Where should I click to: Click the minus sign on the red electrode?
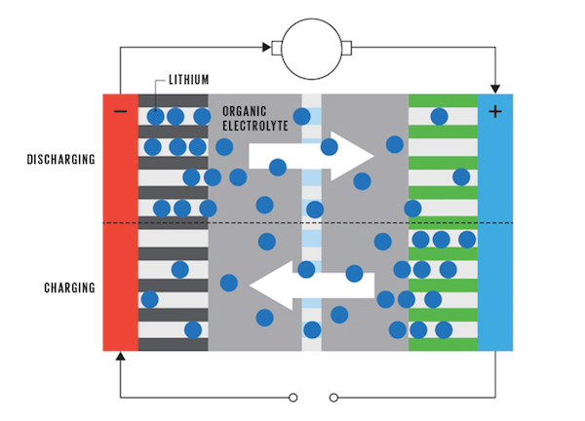(120, 111)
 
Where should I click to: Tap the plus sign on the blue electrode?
(494, 111)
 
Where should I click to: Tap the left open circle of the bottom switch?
(293, 398)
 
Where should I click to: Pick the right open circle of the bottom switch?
(333, 398)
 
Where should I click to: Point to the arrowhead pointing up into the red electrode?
(120, 357)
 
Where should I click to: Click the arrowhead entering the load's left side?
(265, 46)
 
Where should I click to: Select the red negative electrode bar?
(120, 224)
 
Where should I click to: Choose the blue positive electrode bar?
(494, 224)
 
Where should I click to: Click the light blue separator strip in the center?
(311, 224)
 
